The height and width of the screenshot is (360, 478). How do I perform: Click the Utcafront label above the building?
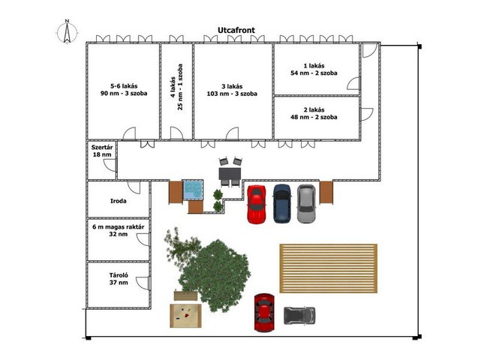pos(236,30)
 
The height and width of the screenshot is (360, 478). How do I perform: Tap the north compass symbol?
pos(67,31)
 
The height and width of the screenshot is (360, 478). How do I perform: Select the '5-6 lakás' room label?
pos(124,86)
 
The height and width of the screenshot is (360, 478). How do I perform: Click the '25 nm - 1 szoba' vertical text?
pos(180,87)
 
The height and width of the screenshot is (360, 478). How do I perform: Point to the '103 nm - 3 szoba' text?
pos(232,94)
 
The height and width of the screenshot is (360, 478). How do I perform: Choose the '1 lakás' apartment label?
pos(314,66)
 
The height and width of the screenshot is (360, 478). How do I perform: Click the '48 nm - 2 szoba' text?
pos(314,117)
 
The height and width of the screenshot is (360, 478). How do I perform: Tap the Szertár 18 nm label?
pos(102,151)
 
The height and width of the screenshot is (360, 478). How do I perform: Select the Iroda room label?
pos(119,201)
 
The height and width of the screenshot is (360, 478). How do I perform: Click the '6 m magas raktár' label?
pos(119,227)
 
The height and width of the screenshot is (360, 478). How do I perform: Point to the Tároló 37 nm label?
pos(119,279)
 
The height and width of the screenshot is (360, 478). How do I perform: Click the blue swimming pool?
pos(193,190)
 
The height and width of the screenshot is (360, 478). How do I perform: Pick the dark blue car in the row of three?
pos(282,203)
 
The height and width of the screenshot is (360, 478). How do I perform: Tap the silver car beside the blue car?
pos(306,203)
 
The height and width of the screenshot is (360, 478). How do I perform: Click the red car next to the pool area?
pos(257,204)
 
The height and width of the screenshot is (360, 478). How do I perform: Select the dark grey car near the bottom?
pos(299,316)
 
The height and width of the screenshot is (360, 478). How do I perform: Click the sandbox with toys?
pos(185,316)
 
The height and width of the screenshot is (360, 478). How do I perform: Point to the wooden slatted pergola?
pos(329,268)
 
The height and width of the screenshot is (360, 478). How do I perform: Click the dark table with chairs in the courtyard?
pos(230,173)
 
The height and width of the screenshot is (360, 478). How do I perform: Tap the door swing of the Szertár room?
pos(109,165)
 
